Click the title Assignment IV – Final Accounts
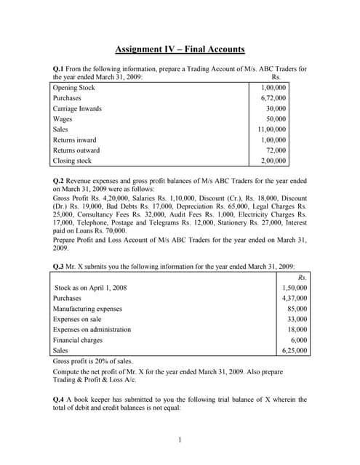click(x=180, y=49)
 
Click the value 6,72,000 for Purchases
click(x=273, y=98)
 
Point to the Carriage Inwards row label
click(x=77, y=109)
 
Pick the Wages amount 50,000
click(x=276, y=119)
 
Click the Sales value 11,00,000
click(x=272, y=129)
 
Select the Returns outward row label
click(x=76, y=150)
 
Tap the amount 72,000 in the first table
click(x=276, y=150)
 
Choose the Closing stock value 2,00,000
click(x=273, y=161)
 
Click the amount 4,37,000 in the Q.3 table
click(x=294, y=298)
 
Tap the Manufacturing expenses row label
click(x=88, y=309)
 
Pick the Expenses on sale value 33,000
click(x=297, y=319)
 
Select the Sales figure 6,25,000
click(x=294, y=350)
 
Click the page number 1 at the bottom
click(x=180, y=440)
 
